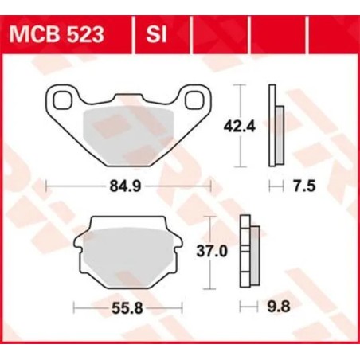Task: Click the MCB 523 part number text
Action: [65, 35]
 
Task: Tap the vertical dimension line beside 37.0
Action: [209, 252]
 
